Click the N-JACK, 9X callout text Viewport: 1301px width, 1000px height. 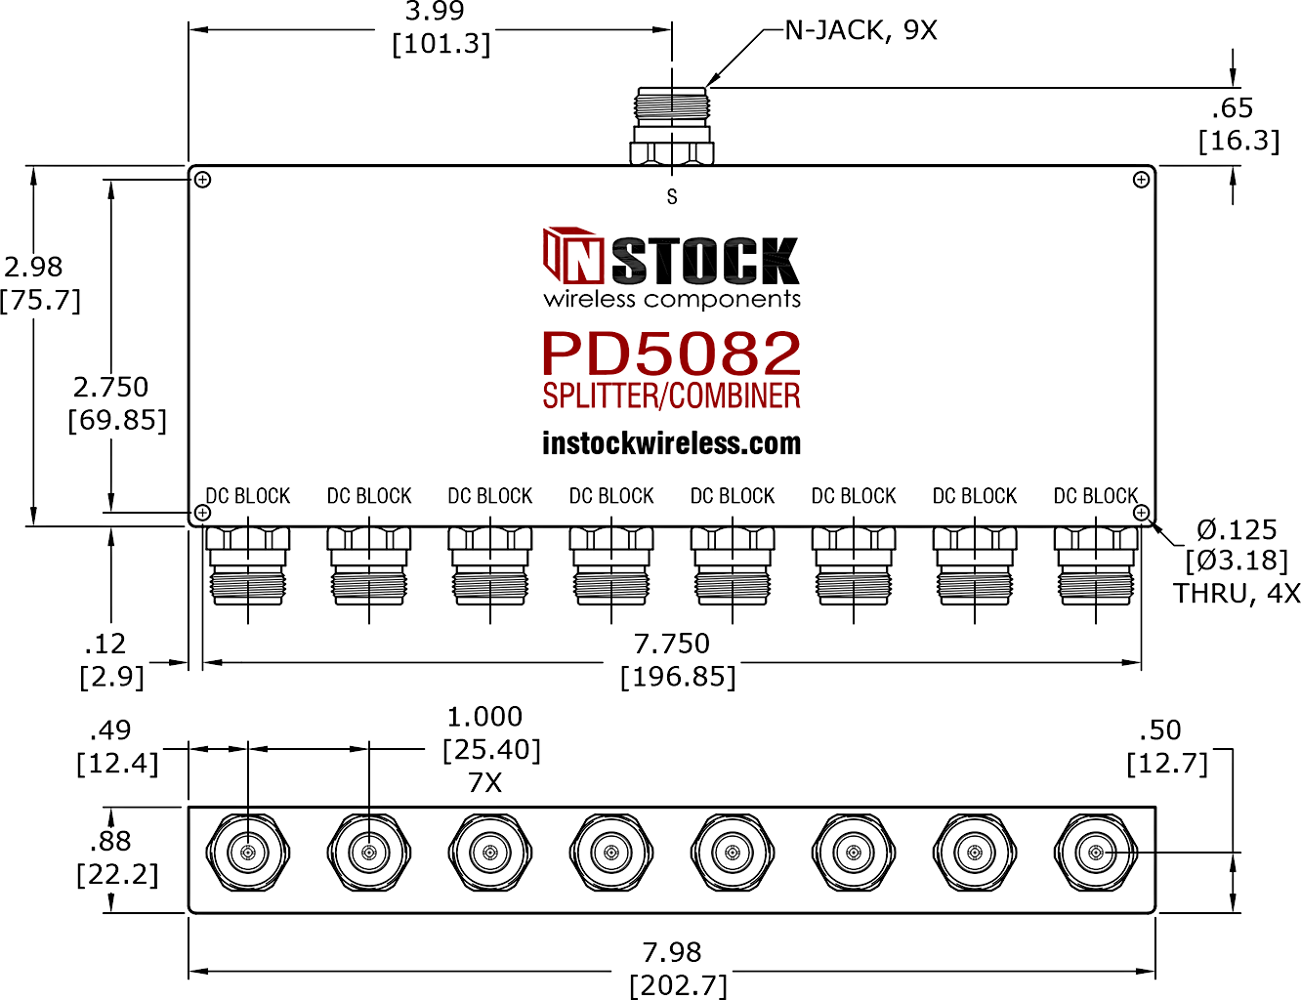click(860, 30)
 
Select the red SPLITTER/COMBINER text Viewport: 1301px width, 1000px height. click(671, 396)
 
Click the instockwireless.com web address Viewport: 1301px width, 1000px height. click(671, 443)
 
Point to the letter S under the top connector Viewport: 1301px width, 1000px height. click(672, 197)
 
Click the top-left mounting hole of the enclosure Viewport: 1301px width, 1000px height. click(203, 180)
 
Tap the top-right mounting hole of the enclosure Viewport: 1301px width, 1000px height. click(1141, 180)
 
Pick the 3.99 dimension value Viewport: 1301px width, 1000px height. click(435, 12)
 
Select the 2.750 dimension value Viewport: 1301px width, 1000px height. click(110, 387)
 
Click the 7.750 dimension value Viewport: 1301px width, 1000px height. click(672, 644)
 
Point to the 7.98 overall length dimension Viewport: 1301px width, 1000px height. click(672, 952)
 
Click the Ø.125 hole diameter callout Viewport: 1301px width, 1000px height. click(1237, 529)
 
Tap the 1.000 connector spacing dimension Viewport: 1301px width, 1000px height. click(484, 717)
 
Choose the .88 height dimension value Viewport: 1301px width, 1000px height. click(110, 841)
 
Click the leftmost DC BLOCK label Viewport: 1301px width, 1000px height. click(248, 496)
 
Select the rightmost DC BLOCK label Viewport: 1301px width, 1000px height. click(1096, 496)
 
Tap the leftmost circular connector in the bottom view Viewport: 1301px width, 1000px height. click(248, 853)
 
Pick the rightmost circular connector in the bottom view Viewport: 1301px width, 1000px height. click(1096, 853)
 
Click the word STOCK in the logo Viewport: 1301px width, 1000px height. click(705, 261)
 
